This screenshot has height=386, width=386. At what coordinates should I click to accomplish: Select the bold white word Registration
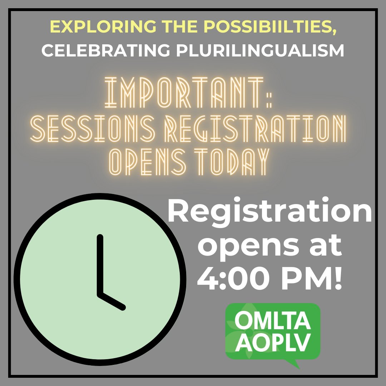(x=270, y=213)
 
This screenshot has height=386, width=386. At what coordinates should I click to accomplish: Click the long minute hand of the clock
(x=100, y=264)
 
